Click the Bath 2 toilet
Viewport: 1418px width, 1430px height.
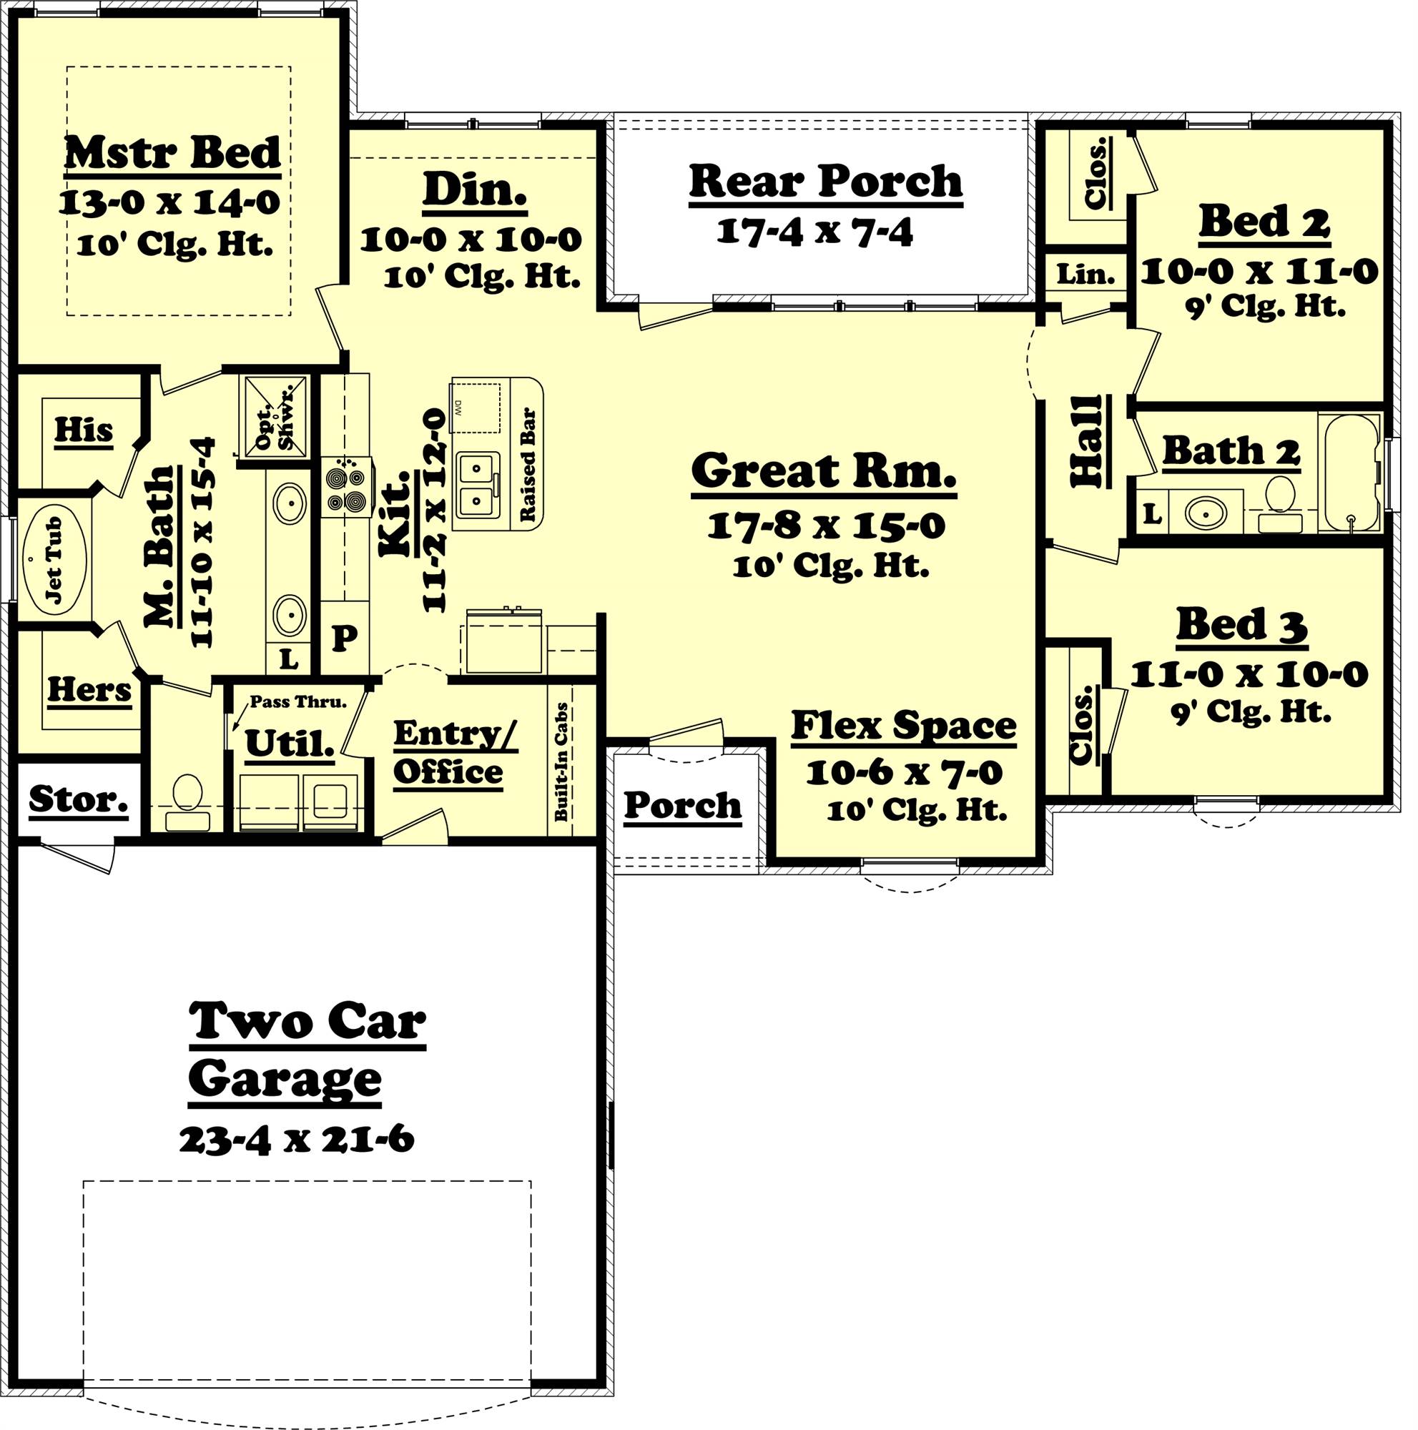(x=1278, y=501)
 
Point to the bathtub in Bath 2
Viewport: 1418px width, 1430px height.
(x=1350, y=472)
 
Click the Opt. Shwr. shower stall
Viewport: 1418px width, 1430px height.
(x=274, y=421)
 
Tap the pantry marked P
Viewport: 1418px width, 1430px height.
(x=344, y=636)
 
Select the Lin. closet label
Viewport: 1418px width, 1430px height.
(x=1085, y=275)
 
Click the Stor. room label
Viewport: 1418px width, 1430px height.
(x=79, y=799)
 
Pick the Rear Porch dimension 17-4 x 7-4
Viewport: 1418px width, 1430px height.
(x=814, y=232)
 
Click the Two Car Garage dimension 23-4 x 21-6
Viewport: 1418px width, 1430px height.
(x=296, y=1139)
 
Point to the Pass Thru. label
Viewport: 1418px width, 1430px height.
(x=297, y=701)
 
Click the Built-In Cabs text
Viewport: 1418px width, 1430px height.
(x=561, y=762)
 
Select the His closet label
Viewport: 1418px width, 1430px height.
(x=84, y=429)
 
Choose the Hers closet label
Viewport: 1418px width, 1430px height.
(x=89, y=690)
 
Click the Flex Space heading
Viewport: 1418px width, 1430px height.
(x=903, y=725)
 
